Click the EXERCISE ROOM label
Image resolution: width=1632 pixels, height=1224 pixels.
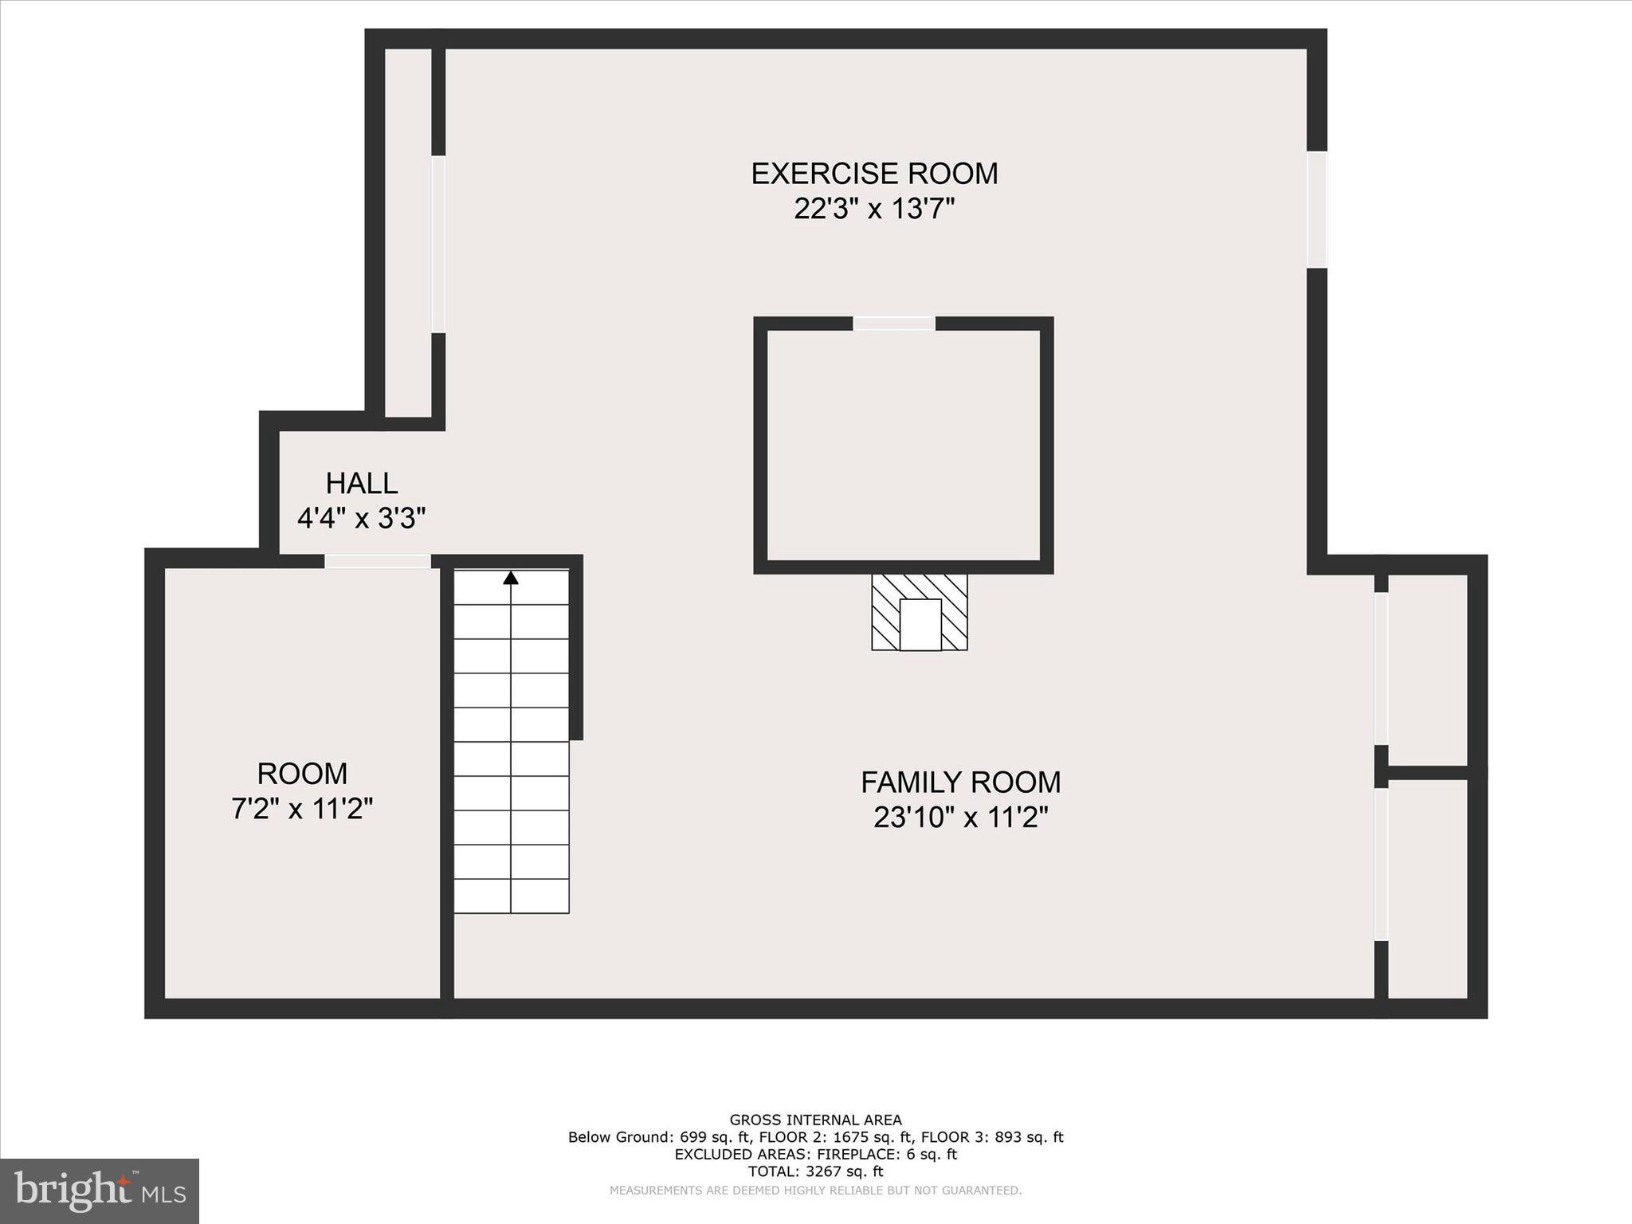click(874, 174)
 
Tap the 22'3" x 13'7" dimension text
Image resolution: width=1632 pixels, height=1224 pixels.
click(874, 210)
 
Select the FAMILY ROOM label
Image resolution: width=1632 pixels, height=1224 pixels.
click(960, 783)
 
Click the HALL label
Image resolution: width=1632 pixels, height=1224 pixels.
click(361, 484)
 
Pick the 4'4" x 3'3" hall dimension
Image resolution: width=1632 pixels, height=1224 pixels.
click(361, 520)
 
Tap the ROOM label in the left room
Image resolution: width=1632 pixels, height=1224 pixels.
click(302, 774)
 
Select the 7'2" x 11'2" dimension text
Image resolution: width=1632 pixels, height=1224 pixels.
click(302, 810)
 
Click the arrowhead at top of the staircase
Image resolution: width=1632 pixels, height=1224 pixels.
click(511, 578)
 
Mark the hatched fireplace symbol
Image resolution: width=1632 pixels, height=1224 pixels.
click(920, 612)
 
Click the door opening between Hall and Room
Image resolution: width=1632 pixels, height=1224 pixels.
click(377, 562)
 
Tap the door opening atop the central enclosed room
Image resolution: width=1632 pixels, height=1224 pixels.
click(894, 324)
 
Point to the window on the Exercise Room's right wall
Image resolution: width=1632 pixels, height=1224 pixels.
click(1317, 210)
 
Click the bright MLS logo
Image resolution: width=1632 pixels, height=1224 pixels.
click(100, 1191)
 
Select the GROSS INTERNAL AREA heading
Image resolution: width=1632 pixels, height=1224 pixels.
click(815, 1120)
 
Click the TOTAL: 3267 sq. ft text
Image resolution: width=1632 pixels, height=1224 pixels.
click(815, 1171)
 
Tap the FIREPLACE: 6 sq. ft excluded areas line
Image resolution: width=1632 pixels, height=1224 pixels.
click(815, 1154)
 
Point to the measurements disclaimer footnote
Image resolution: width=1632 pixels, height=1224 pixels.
click(815, 1191)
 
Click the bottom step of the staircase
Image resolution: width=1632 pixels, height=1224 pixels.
click(511, 896)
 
